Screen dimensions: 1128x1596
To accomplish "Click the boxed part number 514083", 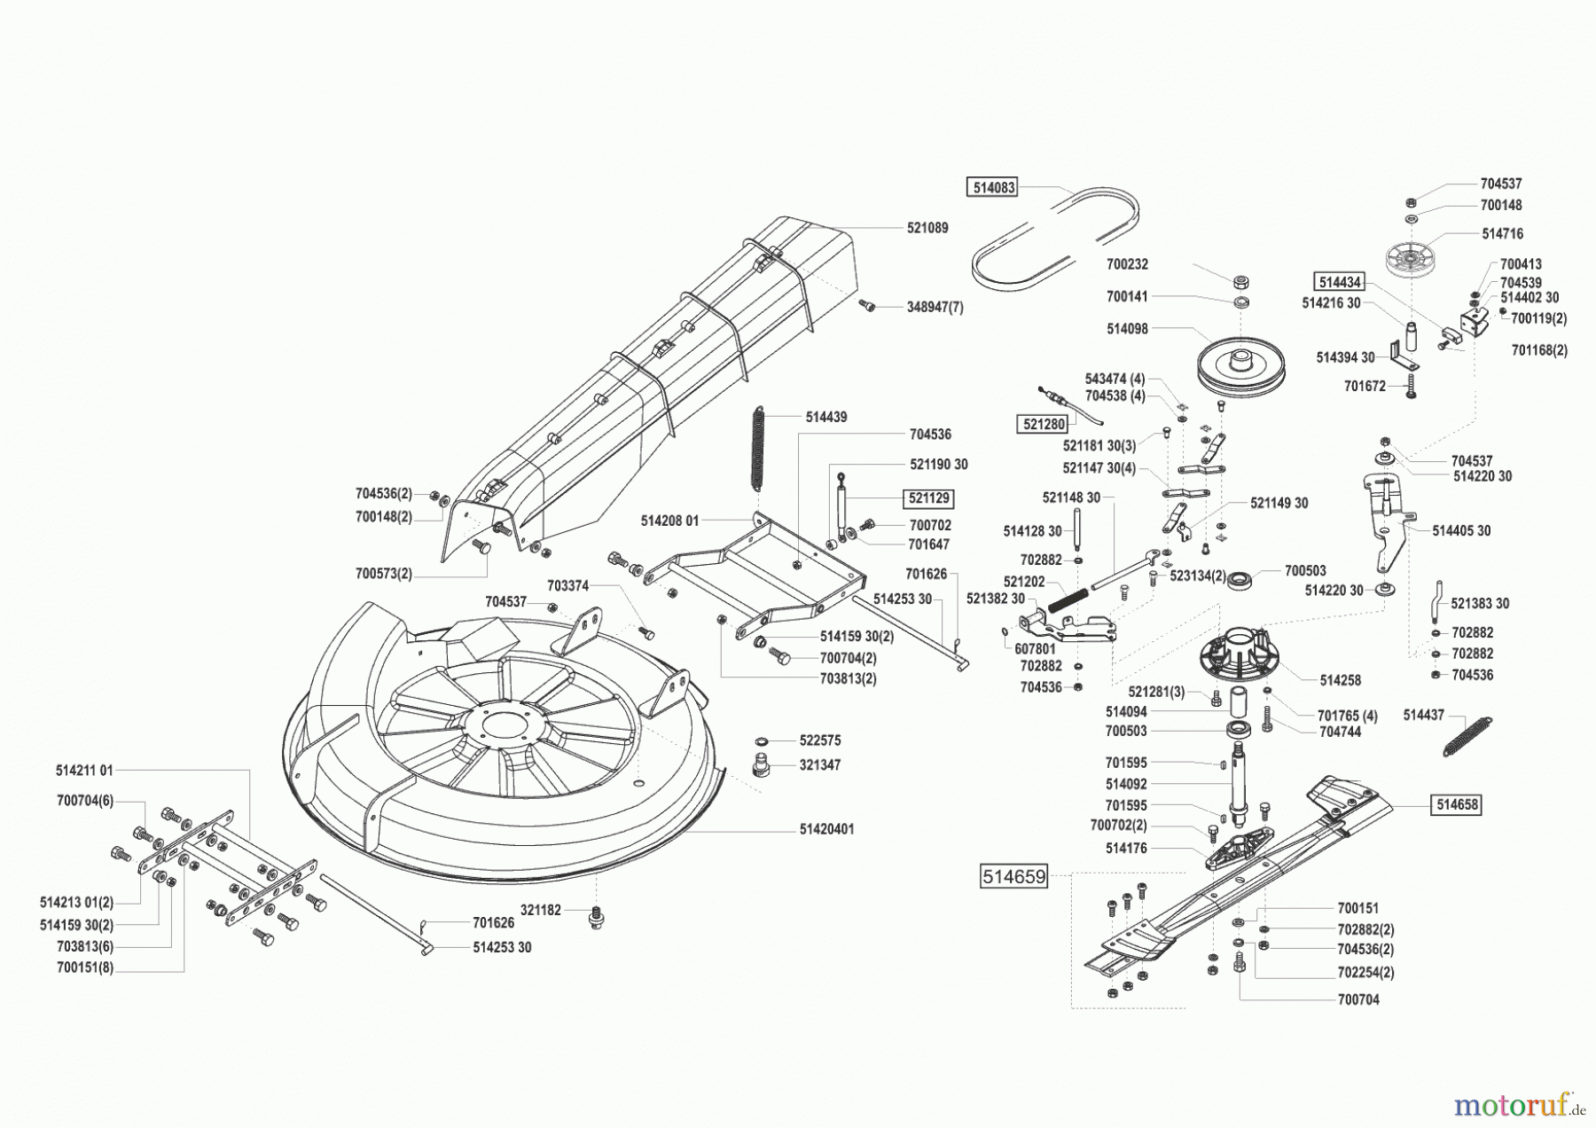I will pos(991,187).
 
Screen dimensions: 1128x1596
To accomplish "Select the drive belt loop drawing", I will pos(1055,238).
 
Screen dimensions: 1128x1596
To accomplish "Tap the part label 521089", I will pos(927,228).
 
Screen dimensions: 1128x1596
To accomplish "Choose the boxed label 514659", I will pos(1013,877).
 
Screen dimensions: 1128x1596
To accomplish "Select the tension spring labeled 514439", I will pos(758,448).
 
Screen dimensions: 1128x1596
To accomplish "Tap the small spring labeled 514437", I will pos(1467,736).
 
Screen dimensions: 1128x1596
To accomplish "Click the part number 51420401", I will pos(826,829).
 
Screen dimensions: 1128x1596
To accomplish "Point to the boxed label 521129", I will pos(927,498).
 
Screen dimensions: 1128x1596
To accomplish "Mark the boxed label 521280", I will pos(1044,424).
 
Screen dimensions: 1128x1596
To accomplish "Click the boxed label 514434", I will pos(1339,282).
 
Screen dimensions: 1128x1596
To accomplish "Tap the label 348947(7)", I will pos(935,307).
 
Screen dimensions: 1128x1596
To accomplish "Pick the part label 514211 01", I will pos(84,771).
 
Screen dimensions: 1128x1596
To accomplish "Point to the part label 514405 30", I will pos(1461,530).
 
